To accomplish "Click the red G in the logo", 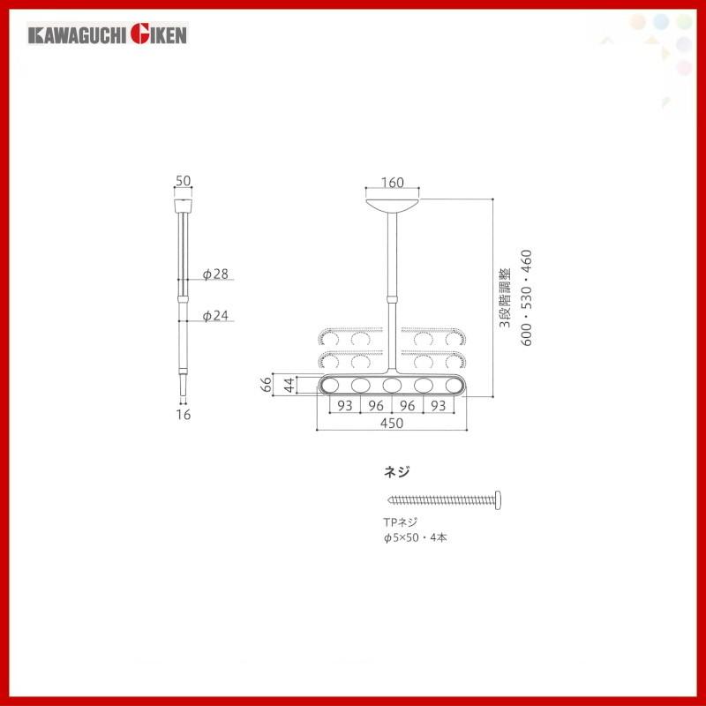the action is (139, 34).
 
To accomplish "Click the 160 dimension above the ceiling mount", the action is (392, 183).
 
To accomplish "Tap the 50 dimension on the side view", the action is (184, 181).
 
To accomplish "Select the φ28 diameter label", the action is (215, 274).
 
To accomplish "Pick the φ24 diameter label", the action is (215, 316).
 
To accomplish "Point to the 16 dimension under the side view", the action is (184, 414).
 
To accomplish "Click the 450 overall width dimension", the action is (392, 424).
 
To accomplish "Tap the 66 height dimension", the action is (267, 385).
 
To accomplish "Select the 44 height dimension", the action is (289, 386).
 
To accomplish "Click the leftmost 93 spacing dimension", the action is (345, 406).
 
